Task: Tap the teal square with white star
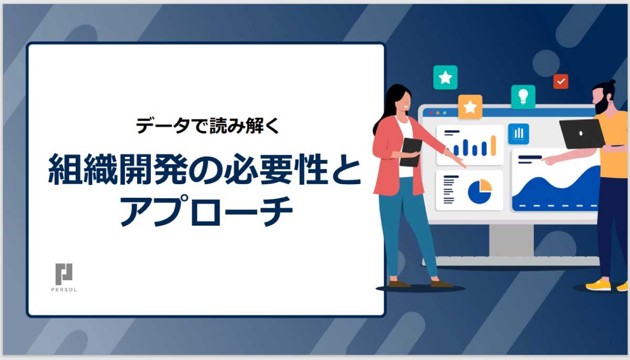pos(445,77)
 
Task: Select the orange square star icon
pos(470,107)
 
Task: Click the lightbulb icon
pos(523,97)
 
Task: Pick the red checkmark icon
pos(561,81)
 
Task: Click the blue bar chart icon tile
pos(518,134)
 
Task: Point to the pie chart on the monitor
pos(480,192)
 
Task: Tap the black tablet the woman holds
pos(411,152)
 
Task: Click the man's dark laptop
pos(582,134)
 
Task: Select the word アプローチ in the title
pos(207,211)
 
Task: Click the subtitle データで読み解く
pos(207,125)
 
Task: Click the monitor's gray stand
pos(511,240)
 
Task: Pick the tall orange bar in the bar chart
pos(493,145)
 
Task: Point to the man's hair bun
pos(612,82)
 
